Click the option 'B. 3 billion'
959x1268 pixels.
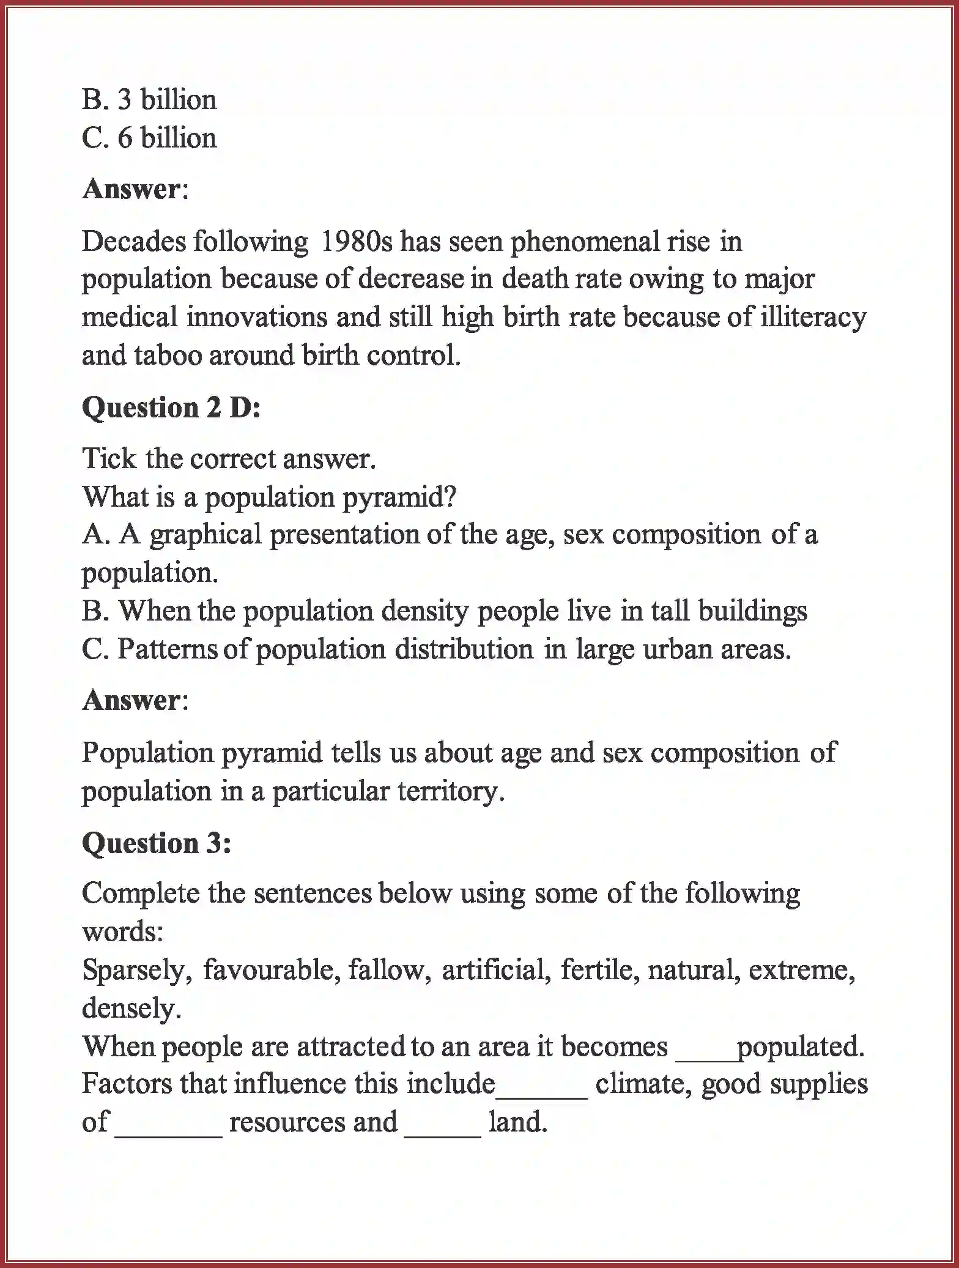[149, 100]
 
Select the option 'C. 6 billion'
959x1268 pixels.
[149, 138]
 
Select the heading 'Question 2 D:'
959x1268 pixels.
[171, 408]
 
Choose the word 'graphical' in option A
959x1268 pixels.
[205, 535]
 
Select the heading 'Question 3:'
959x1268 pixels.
[157, 843]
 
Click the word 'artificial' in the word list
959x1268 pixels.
[496, 970]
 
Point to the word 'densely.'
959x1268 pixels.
[132, 1008]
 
